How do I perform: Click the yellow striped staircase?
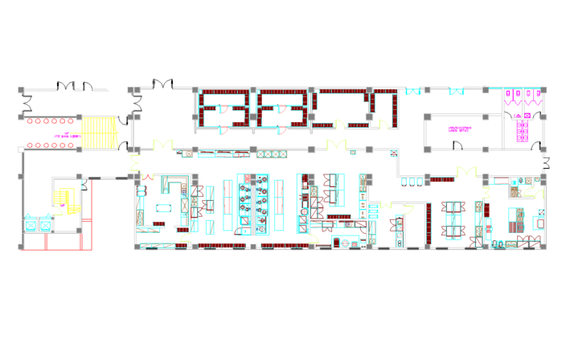coord(99,133)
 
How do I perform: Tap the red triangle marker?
coord(148,177)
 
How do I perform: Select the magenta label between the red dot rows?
coord(66,136)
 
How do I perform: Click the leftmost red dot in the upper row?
coord(30,121)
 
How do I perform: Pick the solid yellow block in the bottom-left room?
coord(64,197)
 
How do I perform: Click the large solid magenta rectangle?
coord(522,131)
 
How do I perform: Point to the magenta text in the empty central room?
coord(459,129)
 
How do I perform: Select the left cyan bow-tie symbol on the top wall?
coord(413,92)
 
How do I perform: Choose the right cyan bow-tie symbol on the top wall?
coord(456,92)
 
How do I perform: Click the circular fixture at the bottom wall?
coord(345,243)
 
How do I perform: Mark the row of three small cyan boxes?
coord(412,182)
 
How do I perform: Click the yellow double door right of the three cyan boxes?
coord(466,171)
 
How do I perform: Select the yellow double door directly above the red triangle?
coord(163,144)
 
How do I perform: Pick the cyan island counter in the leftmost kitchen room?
coord(163,208)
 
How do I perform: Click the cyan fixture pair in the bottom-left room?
coord(38,223)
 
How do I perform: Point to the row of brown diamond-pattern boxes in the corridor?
coord(273,153)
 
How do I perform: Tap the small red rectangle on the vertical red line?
coord(87,219)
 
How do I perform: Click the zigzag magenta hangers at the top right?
coord(523,102)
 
